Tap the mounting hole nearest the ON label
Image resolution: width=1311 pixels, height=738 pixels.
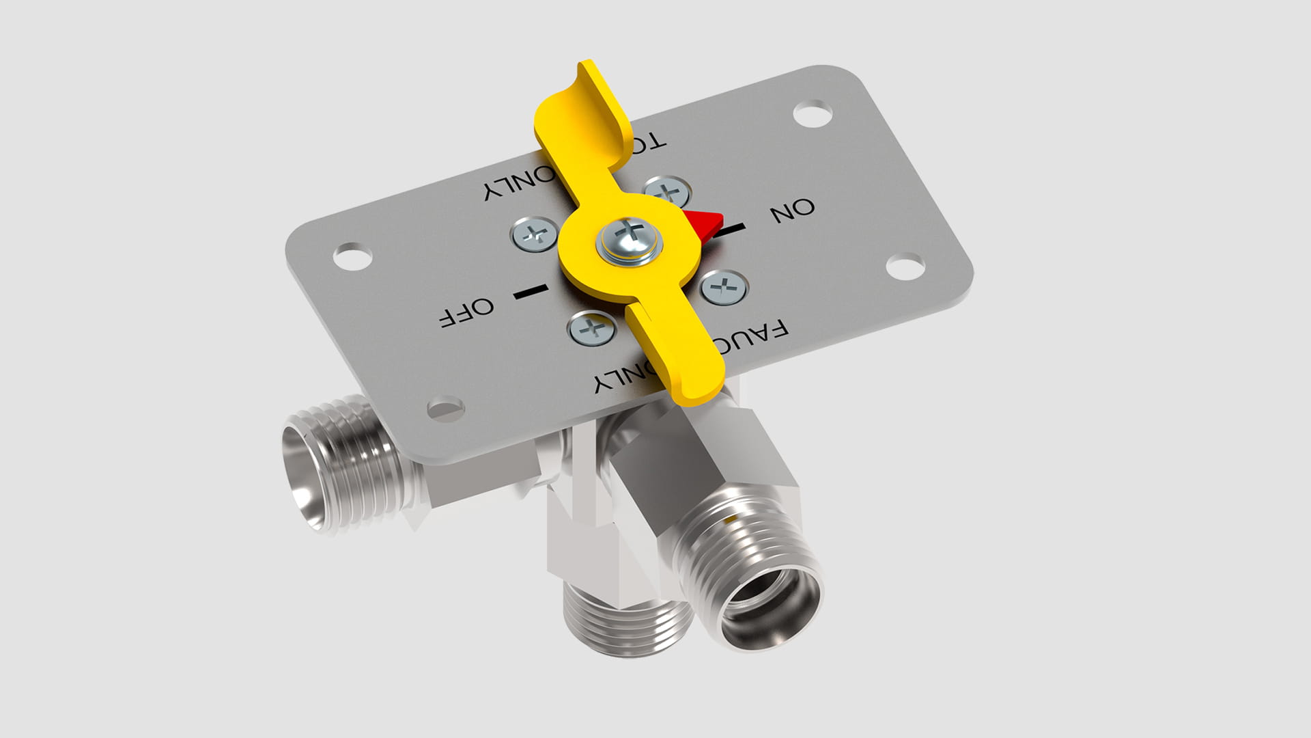click(905, 266)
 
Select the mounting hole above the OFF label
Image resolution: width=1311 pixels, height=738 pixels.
click(352, 256)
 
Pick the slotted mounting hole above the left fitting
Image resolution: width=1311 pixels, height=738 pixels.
click(446, 408)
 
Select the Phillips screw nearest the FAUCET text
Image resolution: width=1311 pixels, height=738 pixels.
click(592, 329)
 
